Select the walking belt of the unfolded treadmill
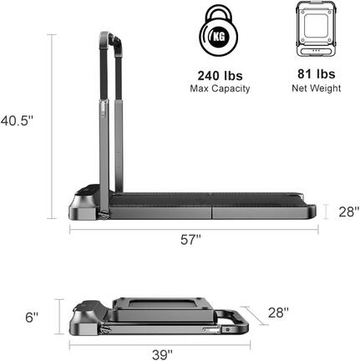209,203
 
